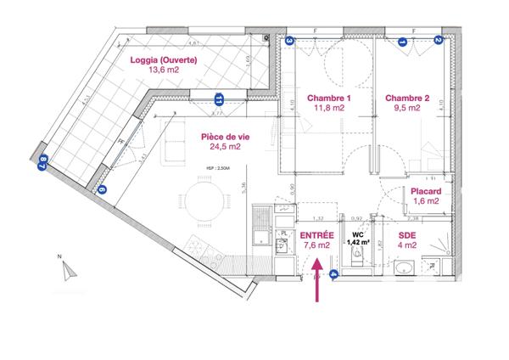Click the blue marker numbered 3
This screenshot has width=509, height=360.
click(x=289, y=40)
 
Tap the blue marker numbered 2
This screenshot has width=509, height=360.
click(x=439, y=40)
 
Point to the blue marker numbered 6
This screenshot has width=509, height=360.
click(x=103, y=190)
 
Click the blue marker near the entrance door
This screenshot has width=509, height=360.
click(x=334, y=273)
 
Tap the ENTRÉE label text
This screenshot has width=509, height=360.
click(x=318, y=233)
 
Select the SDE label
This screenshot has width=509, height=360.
click(x=409, y=234)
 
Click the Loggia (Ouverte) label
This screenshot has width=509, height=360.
click(x=164, y=59)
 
